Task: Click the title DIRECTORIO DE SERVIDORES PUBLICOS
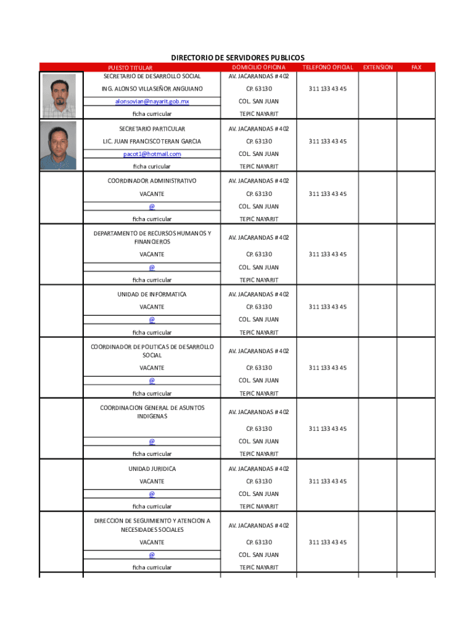[x=238, y=57]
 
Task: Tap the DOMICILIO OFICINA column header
[x=258, y=67]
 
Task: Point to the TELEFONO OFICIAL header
[x=328, y=67]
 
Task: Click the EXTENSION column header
[x=378, y=67]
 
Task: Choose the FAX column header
[x=416, y=67]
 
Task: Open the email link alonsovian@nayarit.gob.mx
[x=152, y=101]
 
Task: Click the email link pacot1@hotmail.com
[x=152, y=154]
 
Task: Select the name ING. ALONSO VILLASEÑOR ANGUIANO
[x=152, y=89]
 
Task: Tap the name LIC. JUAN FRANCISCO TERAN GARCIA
[x=152, y=142]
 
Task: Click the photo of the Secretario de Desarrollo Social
[x=59, y=96]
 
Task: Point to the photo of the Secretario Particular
[x=59, y=145]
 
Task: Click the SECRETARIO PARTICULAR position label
[x=152, y=129]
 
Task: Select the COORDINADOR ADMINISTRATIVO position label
[x=152, y=181]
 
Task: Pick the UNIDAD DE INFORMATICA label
[x=152, y=295]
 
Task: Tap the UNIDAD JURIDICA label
[x=152, y=469]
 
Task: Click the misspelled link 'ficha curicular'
[x=152, y=166]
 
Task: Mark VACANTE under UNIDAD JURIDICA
[x=152, y=481]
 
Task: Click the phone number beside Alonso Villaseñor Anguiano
[x=328, y=89]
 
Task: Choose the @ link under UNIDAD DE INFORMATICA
[x=152, y=320]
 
